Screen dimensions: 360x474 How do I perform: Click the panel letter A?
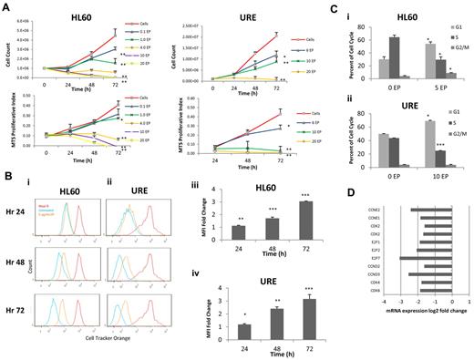[6, 6]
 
